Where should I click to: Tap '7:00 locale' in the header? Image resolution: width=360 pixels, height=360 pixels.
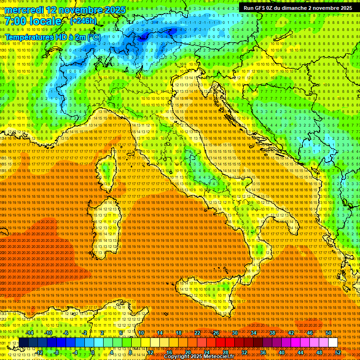tap(33, 22)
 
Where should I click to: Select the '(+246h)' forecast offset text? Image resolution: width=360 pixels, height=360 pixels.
tap(83, 21)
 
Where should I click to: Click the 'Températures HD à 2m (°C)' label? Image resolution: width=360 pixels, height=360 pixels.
tap(53, 37)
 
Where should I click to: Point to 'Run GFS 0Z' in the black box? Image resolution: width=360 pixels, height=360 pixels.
tap(258, 8)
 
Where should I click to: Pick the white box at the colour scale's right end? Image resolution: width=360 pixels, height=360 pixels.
tap(333, 343)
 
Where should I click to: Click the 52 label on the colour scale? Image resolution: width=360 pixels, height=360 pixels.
tap(338, 352)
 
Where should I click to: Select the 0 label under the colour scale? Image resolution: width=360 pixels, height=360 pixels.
tap(93, 352)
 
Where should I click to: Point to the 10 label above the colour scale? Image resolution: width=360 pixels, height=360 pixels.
tap(141, 333)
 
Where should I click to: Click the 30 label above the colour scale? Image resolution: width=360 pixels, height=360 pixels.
tap(234, 333)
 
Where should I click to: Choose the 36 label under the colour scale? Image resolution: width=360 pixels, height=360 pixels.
tap(263, 352)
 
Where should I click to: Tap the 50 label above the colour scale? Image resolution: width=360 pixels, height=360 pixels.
tap(328, 333)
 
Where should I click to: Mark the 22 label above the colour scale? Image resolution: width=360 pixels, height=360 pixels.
tap(197, 333)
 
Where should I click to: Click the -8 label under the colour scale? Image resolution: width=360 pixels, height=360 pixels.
tap(57, 352)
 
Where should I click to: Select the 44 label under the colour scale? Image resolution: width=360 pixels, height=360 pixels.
tap(300, 352)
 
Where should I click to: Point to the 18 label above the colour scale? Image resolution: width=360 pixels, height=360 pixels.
tap(178, 333)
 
